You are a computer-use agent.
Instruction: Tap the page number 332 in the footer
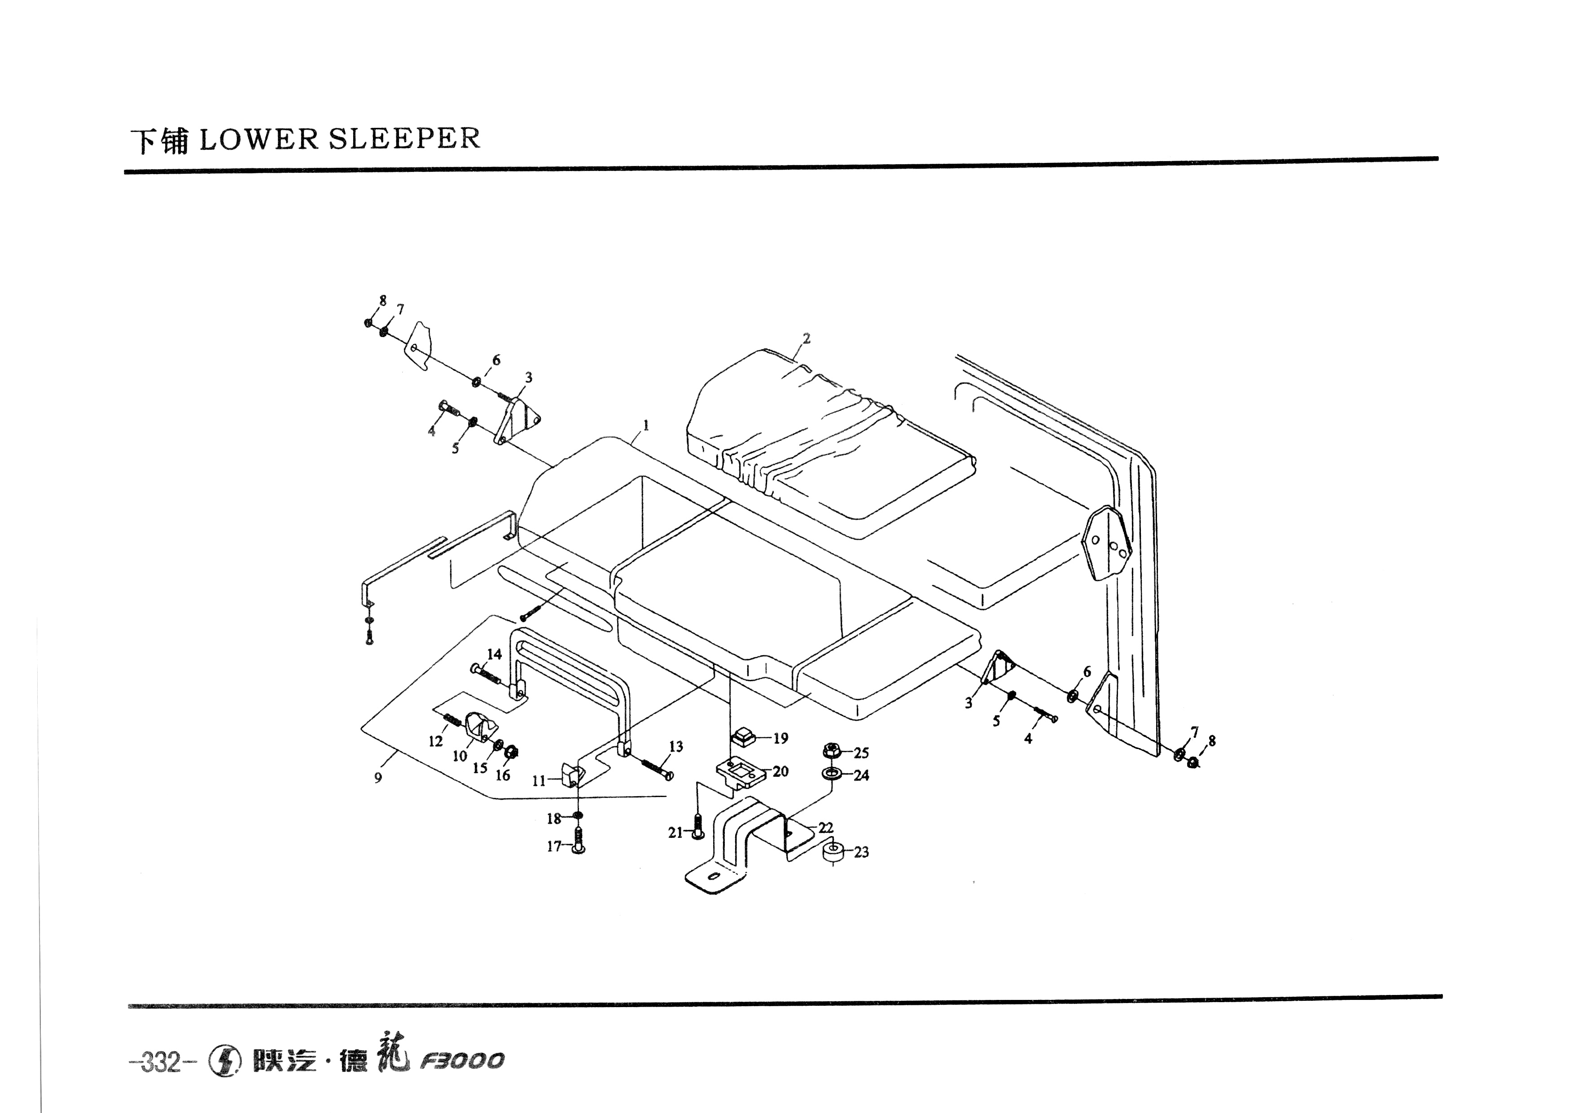(160, 1062)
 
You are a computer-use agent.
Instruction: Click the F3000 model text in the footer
(463, 1061)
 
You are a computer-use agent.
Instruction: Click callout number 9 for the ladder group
(378, 778)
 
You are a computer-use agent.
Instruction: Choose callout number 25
(861, 753)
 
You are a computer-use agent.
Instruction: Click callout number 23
(861, 852)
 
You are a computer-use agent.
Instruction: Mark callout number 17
(554, 846)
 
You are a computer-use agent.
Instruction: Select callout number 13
(676, 746)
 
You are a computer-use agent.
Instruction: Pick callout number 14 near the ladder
(494, 654)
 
